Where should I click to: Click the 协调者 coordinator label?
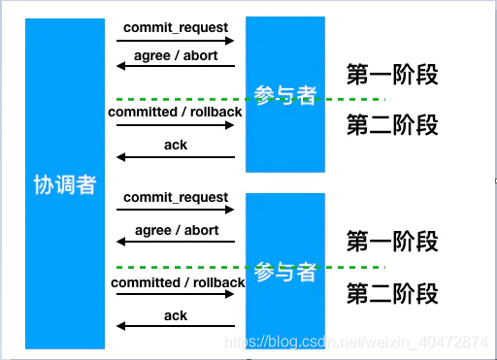(65, 185)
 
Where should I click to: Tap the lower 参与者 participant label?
(285, 273)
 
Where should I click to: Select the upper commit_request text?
(176, 27)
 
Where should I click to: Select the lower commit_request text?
(176, 198)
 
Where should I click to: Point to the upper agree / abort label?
(177, 55)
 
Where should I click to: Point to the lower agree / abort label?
(177, 231)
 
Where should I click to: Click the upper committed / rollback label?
(176, 112)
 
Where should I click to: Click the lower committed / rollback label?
(177, 282)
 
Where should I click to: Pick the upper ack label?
(176, 145)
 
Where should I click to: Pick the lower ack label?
(176, 315)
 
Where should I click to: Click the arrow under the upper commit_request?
(176, 41)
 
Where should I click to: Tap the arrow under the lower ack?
(176, 329)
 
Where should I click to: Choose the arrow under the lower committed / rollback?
(176, 296)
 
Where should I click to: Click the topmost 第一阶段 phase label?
(392, 75)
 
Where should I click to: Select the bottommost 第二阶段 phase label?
(392, 293)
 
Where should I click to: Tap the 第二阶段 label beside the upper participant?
(392, 125)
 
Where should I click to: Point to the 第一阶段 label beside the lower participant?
(392, 241)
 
